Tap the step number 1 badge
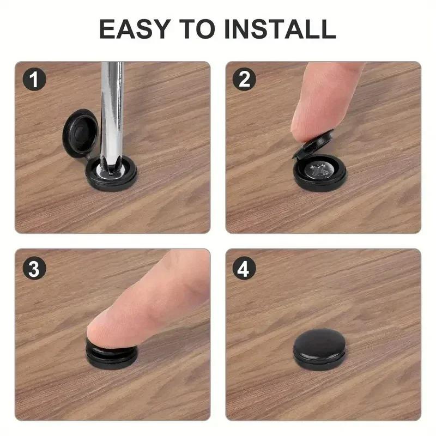(x=34, y=81)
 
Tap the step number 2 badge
(x=244, y=81)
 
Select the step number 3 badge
(x=34, y=269)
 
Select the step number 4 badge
(x=244, y=269)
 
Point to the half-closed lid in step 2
(x=316, y=146)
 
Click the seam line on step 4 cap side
(x=319, y=360)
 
